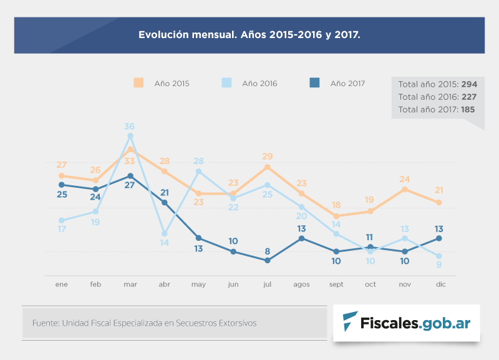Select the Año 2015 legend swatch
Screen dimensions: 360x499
click(138, 83)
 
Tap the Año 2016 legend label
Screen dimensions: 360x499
click(259, 84)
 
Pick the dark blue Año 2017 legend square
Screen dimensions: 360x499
click(315, 83)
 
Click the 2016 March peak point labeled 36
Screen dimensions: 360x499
click(130, 135)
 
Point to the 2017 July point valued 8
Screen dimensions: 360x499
click(268, 260)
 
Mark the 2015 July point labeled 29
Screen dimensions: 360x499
click(268, 167)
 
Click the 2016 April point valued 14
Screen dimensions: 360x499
click(165, 234)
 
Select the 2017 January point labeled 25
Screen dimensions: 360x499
click(62, 185)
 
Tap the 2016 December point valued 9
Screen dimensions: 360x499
click(439, 256)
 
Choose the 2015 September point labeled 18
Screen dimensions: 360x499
click(336, 216)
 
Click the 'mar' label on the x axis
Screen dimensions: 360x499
click(130, 285)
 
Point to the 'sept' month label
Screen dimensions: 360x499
click(336, 285)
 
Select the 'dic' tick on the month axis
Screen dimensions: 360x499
click(439, 285)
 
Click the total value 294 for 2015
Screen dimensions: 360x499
click(469, 84)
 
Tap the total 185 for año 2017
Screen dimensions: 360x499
click(468, 109)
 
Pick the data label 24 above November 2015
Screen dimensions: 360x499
click(405, 179)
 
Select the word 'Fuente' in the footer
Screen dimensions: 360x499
click(44, 323)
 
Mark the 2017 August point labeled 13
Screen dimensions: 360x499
click(302, 238)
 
